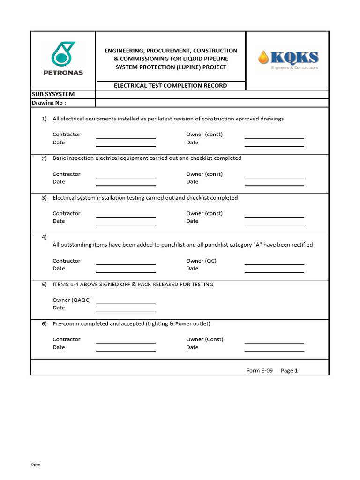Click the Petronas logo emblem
[x=63, y=54]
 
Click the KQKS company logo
[x=288, y=60]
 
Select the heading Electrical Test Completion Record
[x=171, y=86]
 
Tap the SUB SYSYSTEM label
[x=53, y=94]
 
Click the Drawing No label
[x=49, y=103]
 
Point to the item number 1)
[x=44, y=119]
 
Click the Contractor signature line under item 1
[x=126, y=138]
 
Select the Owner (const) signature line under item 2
[x=274, y=177]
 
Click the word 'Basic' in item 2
[x=60, y=158]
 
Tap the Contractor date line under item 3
[x=126, y=225]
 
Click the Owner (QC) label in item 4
[x=201, y=261]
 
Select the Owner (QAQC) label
[x=72, y=300]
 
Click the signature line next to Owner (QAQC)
[x=126, y=303]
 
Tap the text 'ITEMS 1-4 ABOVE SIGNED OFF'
[x=94, y=285]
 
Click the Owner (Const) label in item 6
[x=205, y=339]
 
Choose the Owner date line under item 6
[x=274, y=351]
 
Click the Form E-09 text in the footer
[x=259, y=370]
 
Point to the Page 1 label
[x=289, y=370]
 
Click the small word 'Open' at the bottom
[x=36, y=465]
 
